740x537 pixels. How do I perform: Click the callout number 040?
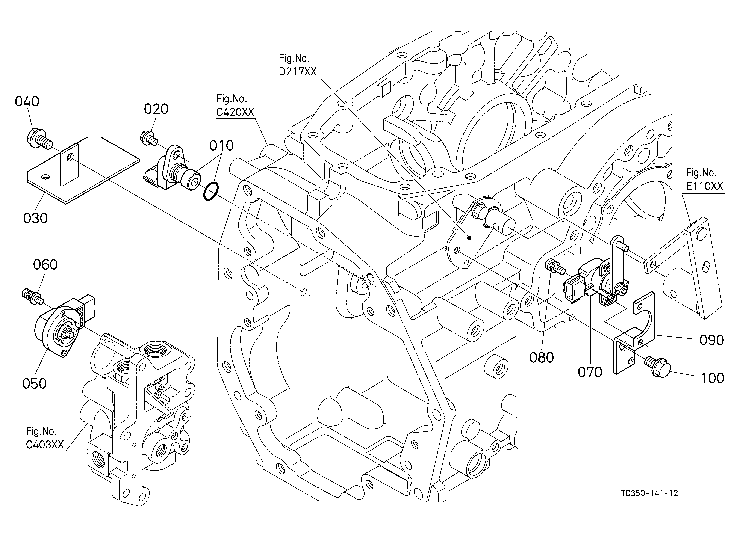27,101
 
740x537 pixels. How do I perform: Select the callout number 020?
156,109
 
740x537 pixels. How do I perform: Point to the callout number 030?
36,218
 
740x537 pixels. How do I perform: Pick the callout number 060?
45,265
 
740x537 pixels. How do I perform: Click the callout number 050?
34,383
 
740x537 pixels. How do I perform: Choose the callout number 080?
542,358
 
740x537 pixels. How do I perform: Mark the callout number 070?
590,372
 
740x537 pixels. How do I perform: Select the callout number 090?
712,340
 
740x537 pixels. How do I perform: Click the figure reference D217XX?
298,72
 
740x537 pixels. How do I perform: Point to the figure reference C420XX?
235,112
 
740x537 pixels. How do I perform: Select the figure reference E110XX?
704,186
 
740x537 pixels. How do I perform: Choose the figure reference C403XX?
45,445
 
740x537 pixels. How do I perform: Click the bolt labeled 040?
38,139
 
